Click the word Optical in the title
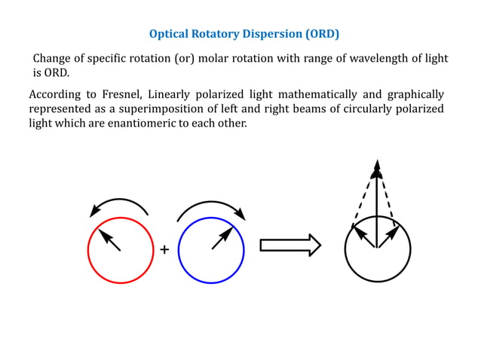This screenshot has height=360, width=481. pos(169,34)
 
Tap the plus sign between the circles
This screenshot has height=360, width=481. pos(164,249)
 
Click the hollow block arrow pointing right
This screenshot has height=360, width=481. pos(290,245)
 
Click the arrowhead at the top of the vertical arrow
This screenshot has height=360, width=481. pos(377,166)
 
